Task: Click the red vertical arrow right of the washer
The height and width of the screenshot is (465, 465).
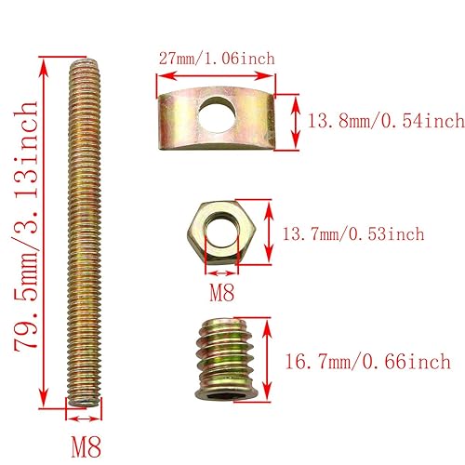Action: (x=294, y=119)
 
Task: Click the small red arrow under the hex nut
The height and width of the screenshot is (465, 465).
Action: (x=221, y=273)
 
